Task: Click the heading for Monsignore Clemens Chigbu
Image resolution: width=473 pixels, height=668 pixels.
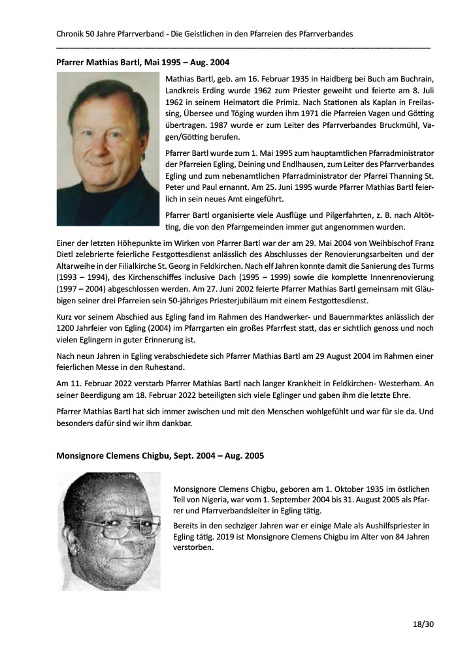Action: [x=160, y=455]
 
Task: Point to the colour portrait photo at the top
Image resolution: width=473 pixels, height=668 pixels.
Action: [x=108, y=149]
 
